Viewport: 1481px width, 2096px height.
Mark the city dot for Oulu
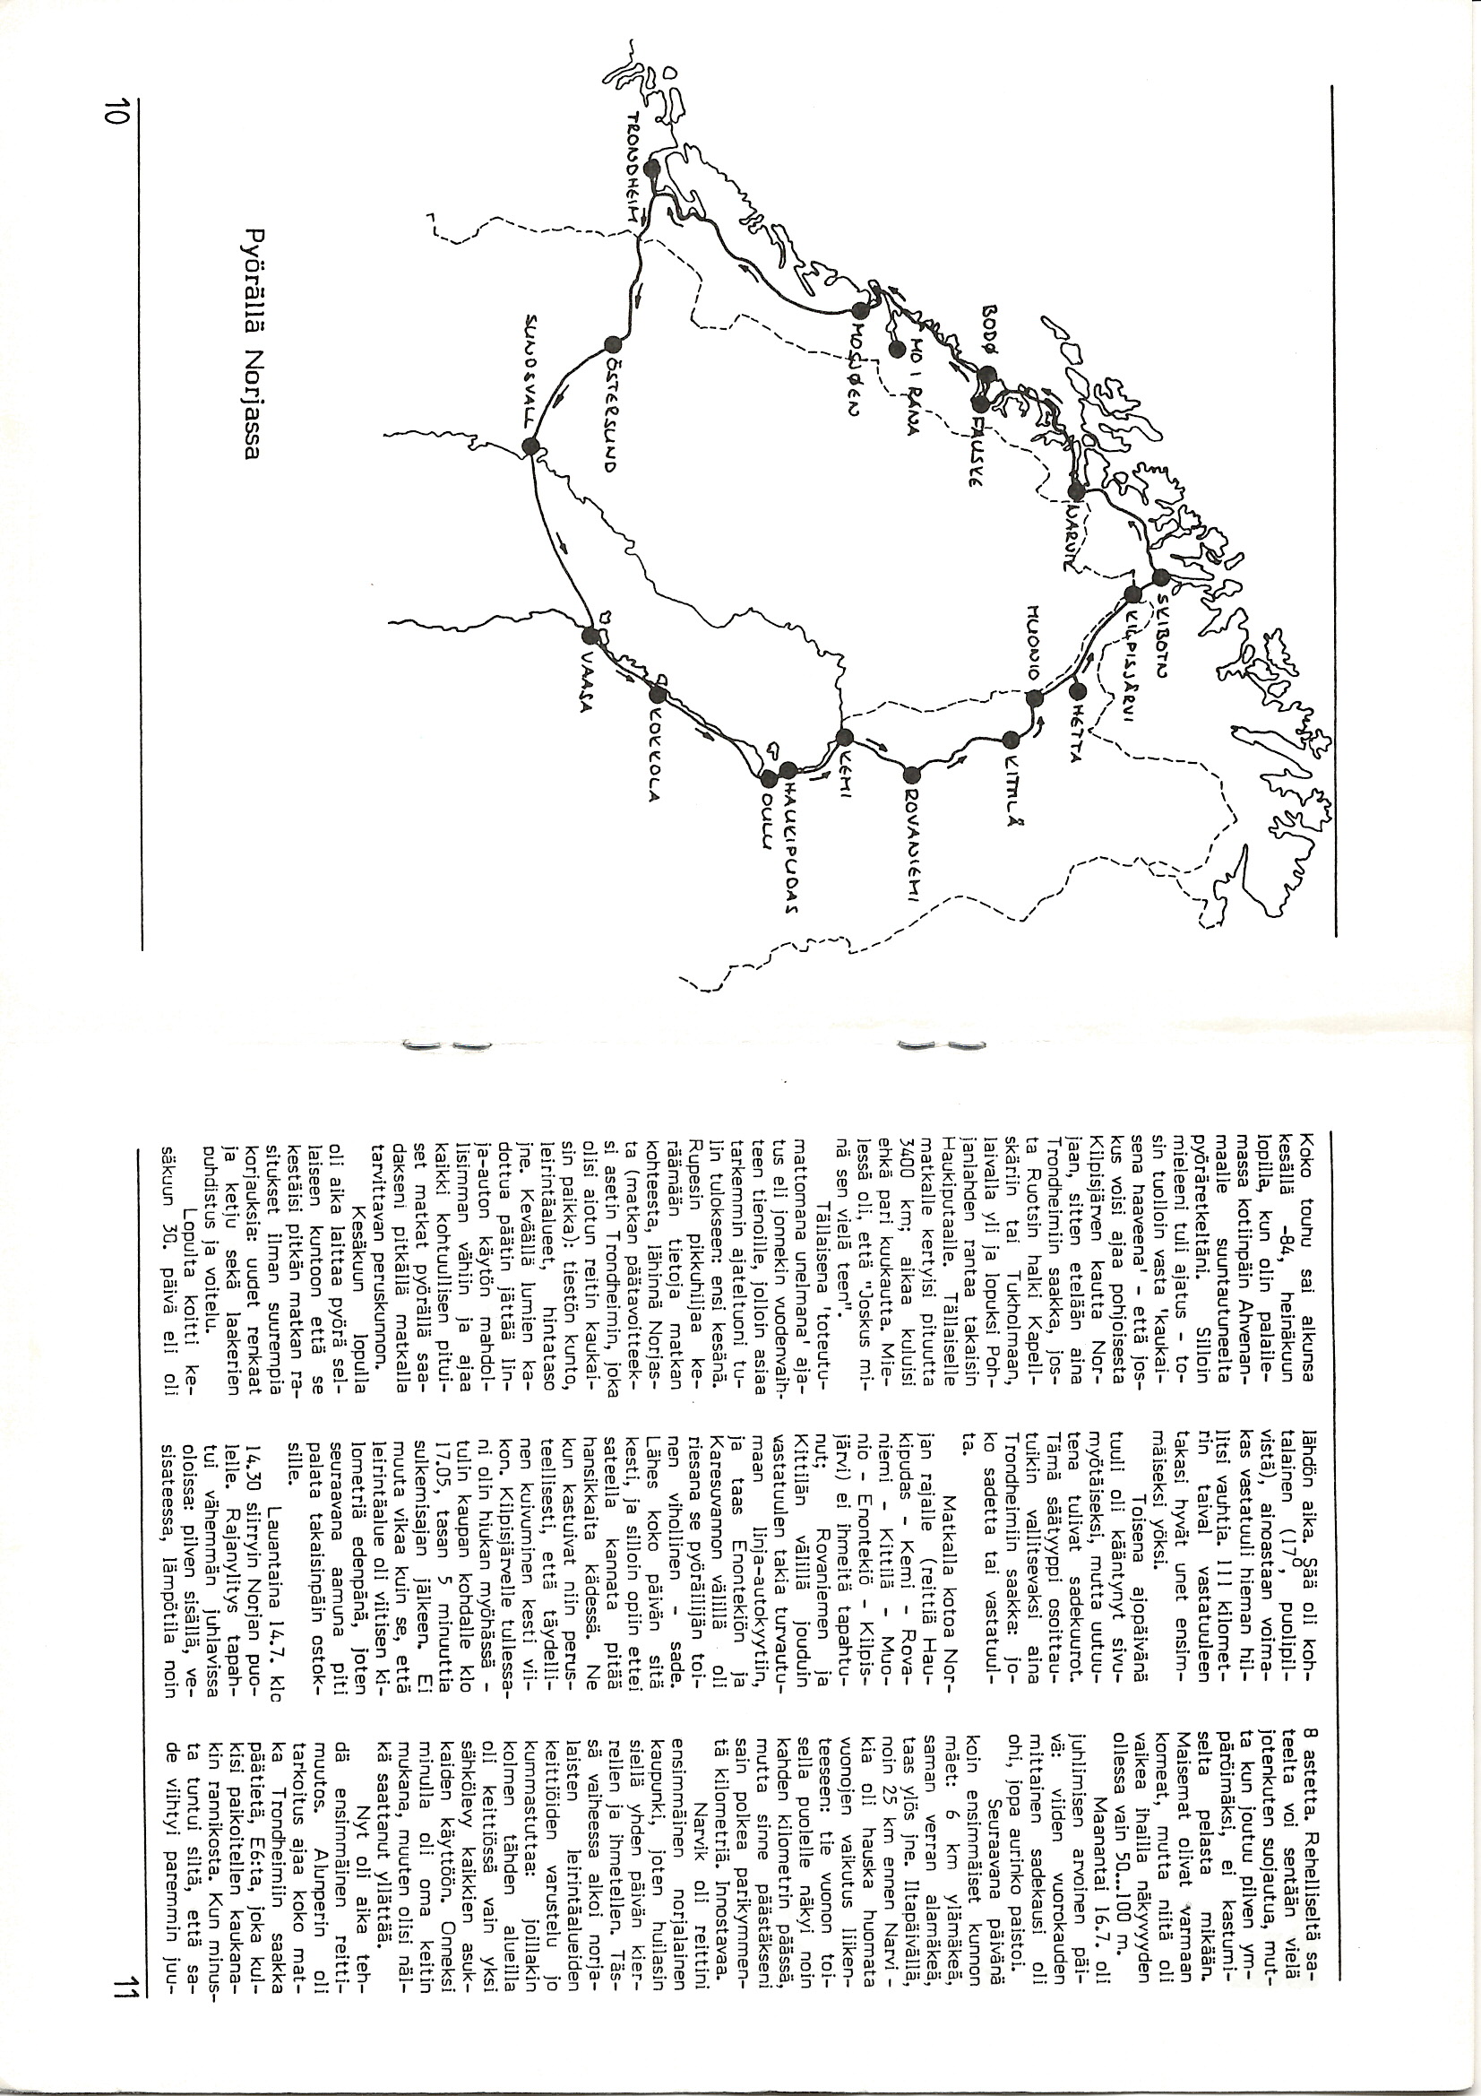coord(768,778)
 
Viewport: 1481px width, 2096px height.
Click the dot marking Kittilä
coord(1010,740)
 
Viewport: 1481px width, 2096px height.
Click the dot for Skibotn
coord(1159,578)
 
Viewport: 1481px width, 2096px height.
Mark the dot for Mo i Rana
coord(897,349)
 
